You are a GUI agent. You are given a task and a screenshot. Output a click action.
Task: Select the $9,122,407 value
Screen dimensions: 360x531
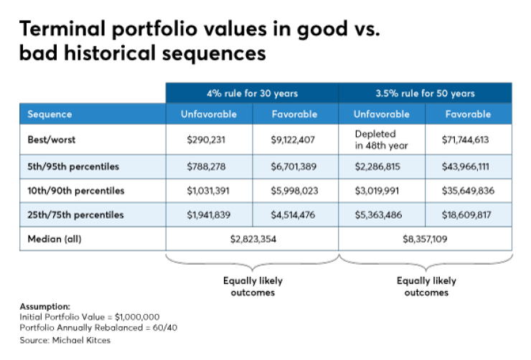[x=294, y=139]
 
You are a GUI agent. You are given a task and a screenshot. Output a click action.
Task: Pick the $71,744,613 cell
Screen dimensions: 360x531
[x=468, y=139]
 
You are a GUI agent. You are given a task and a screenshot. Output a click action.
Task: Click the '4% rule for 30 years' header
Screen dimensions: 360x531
[x=252, y=93]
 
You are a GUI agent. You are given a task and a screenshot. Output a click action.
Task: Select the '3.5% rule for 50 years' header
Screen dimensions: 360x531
[x=425, y=93]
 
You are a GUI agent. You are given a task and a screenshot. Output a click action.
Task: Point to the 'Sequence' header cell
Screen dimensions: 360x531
[x=50, y=114]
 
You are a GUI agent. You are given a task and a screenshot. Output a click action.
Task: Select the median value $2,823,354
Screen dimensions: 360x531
[x=252, y=238]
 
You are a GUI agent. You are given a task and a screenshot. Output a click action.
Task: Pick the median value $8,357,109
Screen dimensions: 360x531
[x=425, y=238]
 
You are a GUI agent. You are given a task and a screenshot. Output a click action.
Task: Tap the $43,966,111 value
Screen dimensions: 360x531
[x=468, y=166]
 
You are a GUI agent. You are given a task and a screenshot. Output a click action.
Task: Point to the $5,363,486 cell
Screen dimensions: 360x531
[x=381, y=214]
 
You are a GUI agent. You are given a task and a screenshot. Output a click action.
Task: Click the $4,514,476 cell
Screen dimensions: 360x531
[x=294, y=214]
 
